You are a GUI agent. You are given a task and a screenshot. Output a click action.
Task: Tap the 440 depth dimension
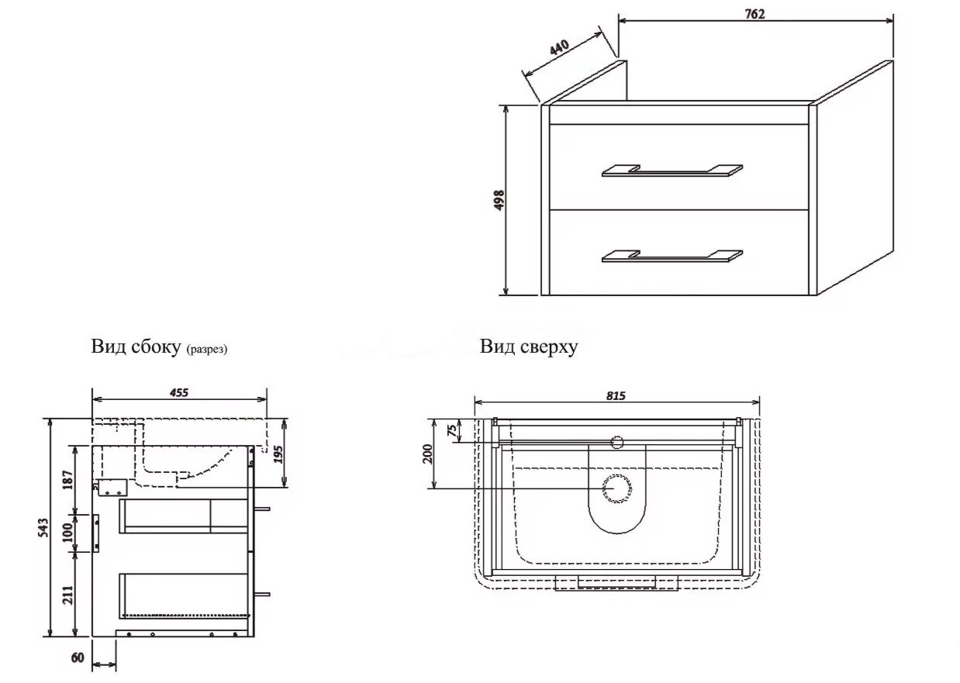(x=560, y=47)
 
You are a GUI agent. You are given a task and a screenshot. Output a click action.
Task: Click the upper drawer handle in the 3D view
(x=672, y=171)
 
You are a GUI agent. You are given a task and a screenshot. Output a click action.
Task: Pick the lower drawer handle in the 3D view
(x=672, y=257)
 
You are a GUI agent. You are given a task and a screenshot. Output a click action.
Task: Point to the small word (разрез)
(x=207, y=350)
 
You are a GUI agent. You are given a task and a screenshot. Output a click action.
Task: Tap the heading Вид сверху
(x=529, y=347)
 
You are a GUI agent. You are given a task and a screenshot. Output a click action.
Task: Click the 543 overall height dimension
(x=44, y=527)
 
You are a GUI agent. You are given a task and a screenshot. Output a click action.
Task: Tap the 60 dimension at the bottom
(x=78, y=658)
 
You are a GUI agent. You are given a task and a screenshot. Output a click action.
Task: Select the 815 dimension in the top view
(x=616, y=395)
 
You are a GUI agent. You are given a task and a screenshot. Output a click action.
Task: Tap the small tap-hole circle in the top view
(x=617, y=443)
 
